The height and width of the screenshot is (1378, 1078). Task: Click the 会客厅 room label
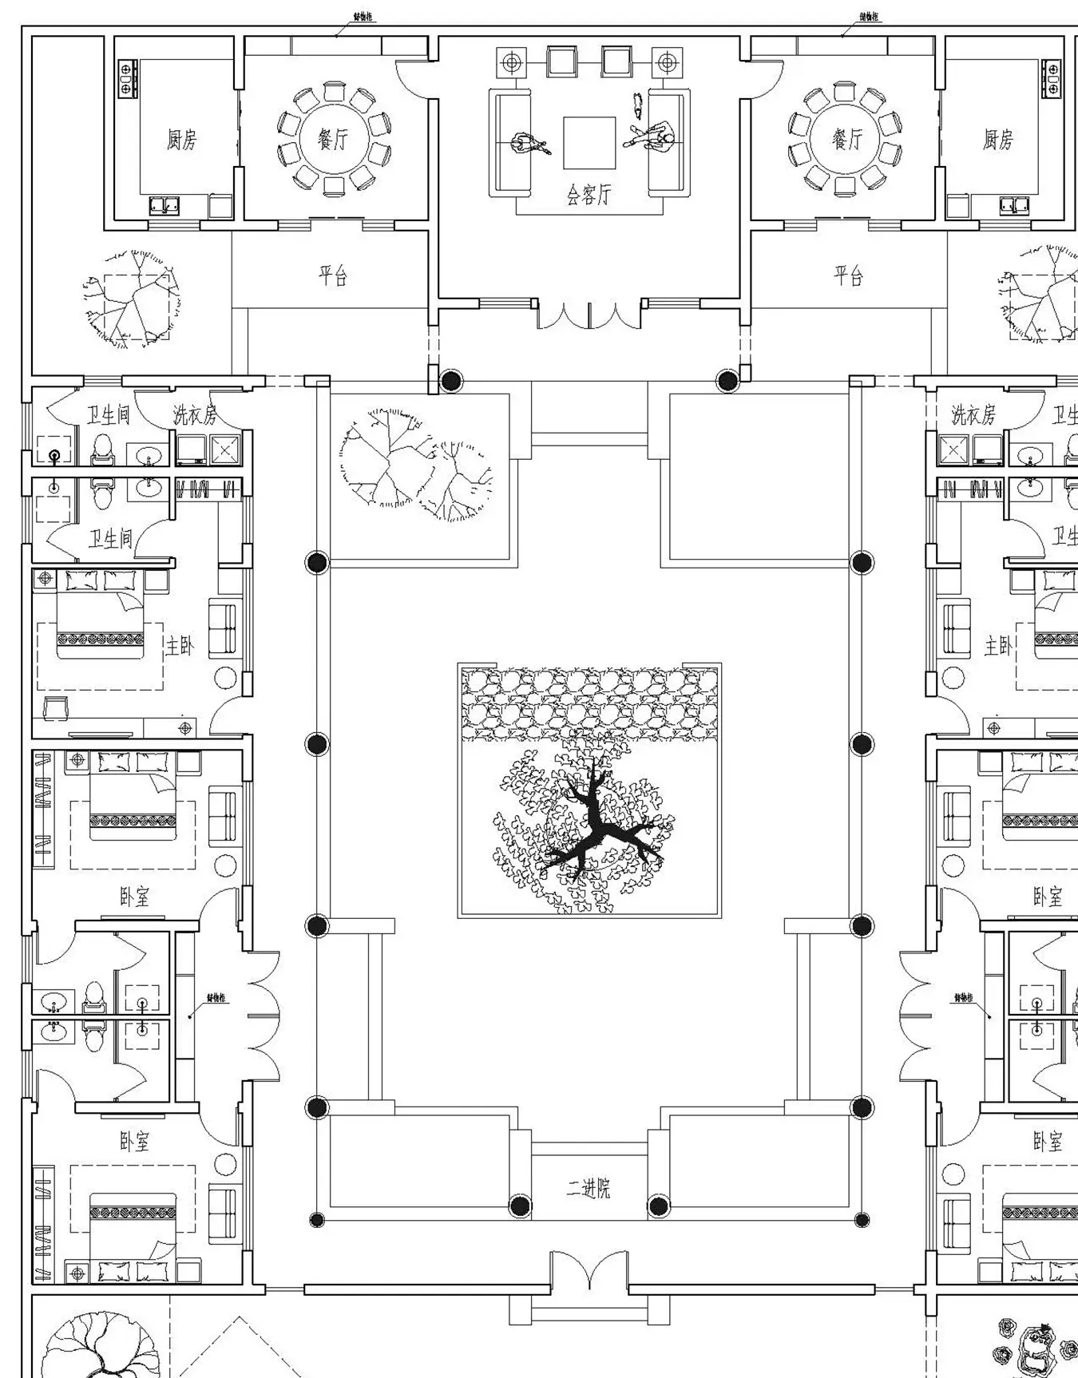(589, 194)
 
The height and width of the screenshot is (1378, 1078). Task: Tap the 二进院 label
(589, 1189)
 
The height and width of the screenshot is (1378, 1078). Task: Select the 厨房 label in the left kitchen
(182, 140)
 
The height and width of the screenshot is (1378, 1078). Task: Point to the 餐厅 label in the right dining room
(847, 140)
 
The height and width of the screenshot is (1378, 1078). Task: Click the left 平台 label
(333, 276)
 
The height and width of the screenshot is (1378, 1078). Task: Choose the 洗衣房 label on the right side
(973, 414)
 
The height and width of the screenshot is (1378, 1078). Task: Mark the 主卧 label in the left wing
(179, 645)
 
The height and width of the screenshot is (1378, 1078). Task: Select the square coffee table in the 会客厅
(589, 143)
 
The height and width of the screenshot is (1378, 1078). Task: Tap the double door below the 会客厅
(589, 315)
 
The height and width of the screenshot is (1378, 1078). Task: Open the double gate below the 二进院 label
(589, 1269)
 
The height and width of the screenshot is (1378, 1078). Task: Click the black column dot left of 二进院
(520, 1206)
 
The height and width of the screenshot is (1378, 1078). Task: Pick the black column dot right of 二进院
(659, 1206)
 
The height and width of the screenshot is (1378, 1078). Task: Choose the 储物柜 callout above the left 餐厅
(363, 17)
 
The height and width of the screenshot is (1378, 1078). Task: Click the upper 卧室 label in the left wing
(134, 897)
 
